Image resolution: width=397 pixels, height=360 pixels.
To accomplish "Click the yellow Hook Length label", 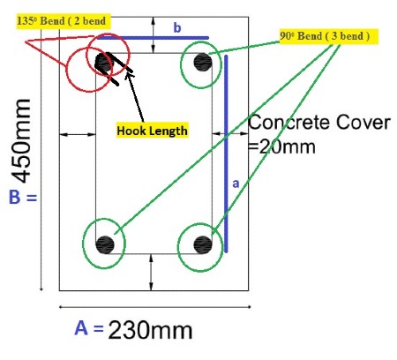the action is pyautogui.click(x=152, y=131).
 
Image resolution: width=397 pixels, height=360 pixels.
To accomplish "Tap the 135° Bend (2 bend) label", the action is pyautogui.click(x=64, y=21).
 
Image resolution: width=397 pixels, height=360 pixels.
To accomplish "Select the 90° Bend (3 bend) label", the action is pyautogui.click(x=328, y=36).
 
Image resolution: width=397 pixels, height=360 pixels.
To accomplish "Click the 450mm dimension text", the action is pyautogui.click(x=21, y=141).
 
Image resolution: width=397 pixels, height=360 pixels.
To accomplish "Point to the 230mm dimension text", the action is pyautogui.click(x=150, y=330).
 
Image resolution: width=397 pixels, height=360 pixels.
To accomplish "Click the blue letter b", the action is pyautogui.click(x=177, y=27).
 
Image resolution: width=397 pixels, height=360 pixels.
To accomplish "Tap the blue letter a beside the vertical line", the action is pyautogui.click(x=236, y=184).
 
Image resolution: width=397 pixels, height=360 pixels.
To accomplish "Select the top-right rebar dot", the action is pyautogui.click(x=203, y=62).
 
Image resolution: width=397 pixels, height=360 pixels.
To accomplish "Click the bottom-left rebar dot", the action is pyautogui.click(x=105, y=244).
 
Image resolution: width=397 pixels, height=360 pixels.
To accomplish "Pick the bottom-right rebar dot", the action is pyautogui.click(x=203, y=244).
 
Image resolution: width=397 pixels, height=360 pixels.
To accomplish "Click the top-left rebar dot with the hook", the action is pyautogui.click(x=104, y=63).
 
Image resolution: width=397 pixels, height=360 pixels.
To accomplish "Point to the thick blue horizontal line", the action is pyautogui.click(x=153, y=38).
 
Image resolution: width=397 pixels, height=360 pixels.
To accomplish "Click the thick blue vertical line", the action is pyautogui.click(x=226, y=154).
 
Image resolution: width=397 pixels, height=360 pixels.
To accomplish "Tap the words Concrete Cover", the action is pyautogui.click(x=319, y=123).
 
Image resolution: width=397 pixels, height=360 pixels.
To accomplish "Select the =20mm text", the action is pyautogui.click(x=282, y=146).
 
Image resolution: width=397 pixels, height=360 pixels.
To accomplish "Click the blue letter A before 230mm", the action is pyautogui.click(x=81, y=328).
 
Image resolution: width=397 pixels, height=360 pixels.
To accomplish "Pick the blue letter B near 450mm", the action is pyautogui.click(x=15, y=197).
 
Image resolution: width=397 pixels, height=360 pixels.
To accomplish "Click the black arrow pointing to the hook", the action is pyautogui.click(x=135, y=96).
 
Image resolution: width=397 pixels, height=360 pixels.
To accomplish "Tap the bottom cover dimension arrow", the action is pyautogui.click(x=151, y=272).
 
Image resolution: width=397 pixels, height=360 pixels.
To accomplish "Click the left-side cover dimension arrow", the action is pyautogui.click(x=78, y=134).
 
